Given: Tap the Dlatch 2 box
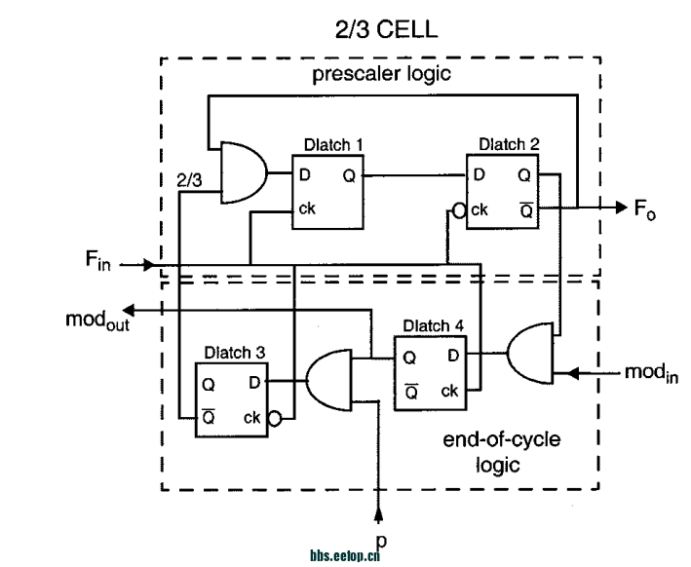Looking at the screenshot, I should [502, 191].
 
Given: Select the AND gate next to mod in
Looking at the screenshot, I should [527, 355].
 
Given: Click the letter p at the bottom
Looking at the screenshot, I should [381, 537].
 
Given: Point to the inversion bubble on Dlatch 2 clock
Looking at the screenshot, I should [459, 208].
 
